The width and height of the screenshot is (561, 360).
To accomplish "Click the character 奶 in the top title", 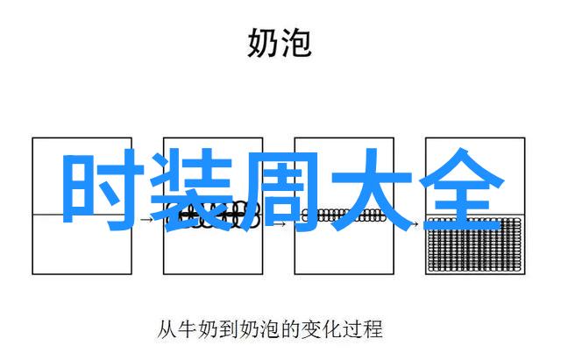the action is point(262,43).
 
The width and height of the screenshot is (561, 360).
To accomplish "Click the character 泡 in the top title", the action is point(295,43).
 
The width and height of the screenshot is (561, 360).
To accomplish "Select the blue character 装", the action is point(192,190).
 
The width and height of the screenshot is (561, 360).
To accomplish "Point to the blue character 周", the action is point(280,190).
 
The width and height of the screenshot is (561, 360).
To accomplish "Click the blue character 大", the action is point(371,189).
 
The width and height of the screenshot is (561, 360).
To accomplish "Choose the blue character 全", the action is point(462,188).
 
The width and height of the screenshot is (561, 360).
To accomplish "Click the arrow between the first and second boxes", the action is point(146,219).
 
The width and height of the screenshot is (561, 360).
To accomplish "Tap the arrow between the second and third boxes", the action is point(279,224).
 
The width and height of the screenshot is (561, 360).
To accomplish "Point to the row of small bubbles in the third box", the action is point(344,215).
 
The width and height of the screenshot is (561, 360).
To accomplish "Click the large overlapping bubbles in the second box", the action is point(212,215).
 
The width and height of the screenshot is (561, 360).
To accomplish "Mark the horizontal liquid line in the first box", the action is point(82,215).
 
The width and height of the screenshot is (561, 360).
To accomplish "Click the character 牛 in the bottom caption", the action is point(187,328).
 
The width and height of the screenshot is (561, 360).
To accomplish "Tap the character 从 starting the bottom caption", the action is point(167,328).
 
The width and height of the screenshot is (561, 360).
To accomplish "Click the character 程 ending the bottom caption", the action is point(372,328).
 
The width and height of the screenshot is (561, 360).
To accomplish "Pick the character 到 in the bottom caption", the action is point(228,328).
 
